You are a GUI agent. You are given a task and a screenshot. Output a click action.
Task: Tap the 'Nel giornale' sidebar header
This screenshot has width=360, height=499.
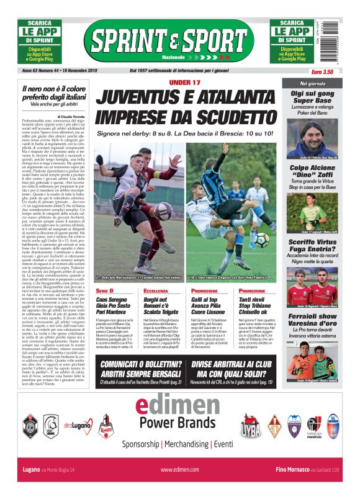(x=312, y=83)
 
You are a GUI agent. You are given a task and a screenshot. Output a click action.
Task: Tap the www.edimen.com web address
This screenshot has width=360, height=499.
(x=179, y=470)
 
